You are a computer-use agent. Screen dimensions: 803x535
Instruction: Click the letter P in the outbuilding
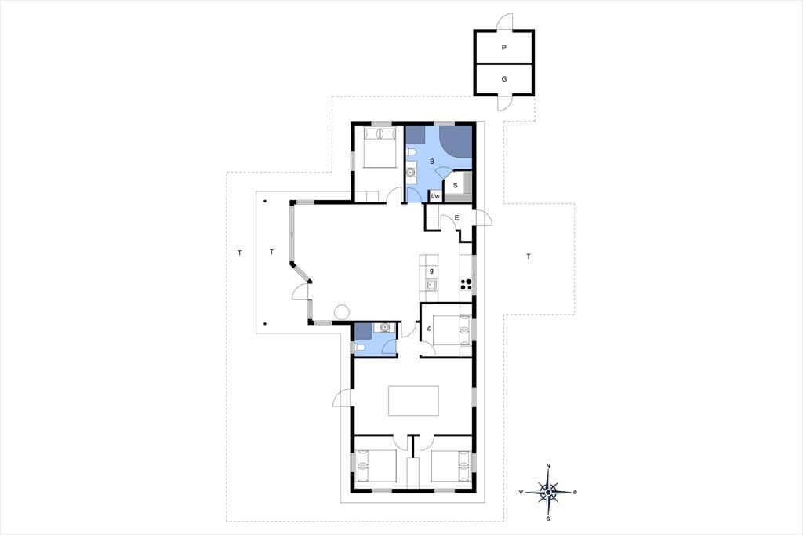pyautogui.click(x=504, y=48)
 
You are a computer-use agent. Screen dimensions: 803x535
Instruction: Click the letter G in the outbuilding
pyautogui.click(x=504, y=79)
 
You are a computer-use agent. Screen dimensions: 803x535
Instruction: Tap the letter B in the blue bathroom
pyautogui.click(x=432, y=162)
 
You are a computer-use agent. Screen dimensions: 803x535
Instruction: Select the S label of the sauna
pyautogui.click(x=455, y=185)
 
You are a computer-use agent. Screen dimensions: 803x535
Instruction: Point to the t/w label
pyautogui.click(x=435, y=196)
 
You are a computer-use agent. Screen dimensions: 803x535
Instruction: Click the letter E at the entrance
pyautogui.click(x=457, y=218)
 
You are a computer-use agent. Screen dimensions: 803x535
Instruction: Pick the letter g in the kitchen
pyautogui.click(x=432, y=271)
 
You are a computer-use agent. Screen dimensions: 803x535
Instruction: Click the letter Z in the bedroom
pyautogui.click(x=429, y=329)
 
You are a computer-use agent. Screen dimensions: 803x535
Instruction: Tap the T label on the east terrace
pyautogui.click(x=529, y=257)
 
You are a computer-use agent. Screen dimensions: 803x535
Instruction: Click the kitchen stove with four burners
pyautogui.click(x=466, y=284)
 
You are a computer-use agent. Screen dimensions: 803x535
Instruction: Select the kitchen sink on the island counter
pyautogui.click(x=431, y=285)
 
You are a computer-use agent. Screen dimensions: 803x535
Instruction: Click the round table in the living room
pyautogui.click(x=342, y=311)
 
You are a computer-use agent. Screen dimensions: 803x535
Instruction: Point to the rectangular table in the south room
pyautogui.click(x=414, y=401)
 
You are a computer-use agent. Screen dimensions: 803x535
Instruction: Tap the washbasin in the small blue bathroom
pyautogui.click(x=384, y=327)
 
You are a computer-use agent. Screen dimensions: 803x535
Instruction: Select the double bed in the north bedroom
pyautogui.click(x=380, y=147)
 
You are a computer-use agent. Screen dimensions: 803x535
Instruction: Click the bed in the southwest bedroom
pyautogui.click(x=376, y=466)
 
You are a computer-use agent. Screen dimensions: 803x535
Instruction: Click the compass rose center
pyautogui.click(x=548, y=492)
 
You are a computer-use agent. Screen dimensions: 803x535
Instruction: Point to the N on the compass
pyautogui.click(x=548, y=466)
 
